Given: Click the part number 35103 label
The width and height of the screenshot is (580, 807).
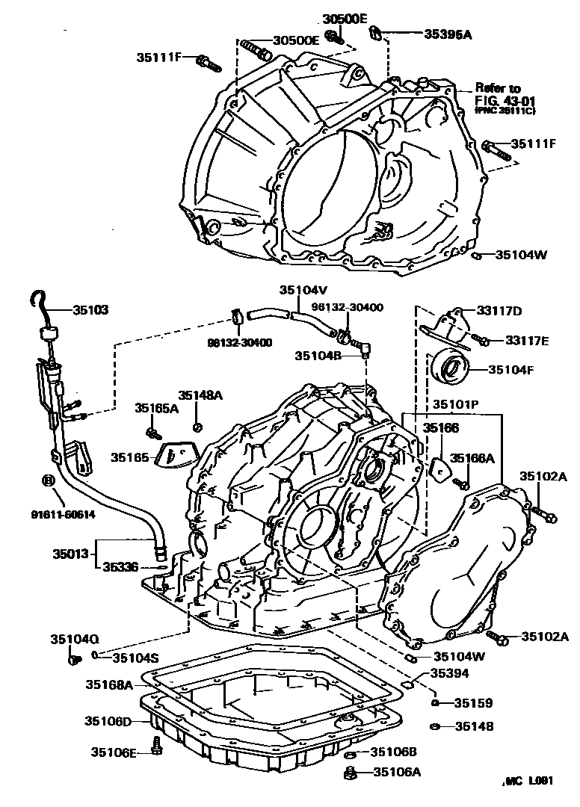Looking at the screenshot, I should click(x=90, y=308).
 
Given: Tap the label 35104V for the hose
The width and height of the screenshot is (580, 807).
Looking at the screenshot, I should click(x=300, y=291).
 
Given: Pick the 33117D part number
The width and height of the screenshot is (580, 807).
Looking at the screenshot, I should click(x=502, y=311).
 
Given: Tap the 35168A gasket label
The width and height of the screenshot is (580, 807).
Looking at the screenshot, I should click(x=108, y=684).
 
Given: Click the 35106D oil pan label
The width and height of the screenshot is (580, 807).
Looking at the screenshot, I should click(x=108, y=721).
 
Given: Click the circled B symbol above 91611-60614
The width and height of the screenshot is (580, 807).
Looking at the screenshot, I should click(x=49, y=480).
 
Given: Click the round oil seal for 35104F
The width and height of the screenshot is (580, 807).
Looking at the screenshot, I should click(x=453, y=367).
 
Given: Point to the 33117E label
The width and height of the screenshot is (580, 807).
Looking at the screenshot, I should click(x=526, y=341).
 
